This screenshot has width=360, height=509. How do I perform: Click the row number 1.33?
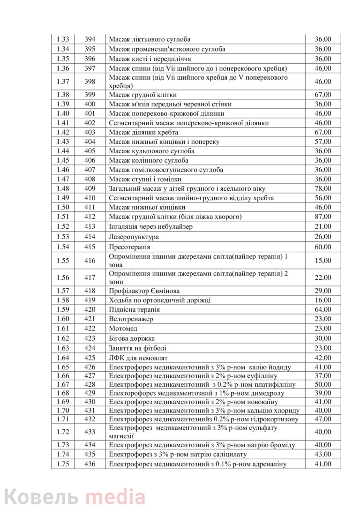click(63, 39)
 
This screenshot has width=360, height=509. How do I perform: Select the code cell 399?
click(90, 95)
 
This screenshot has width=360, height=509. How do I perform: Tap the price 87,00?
click(322, 217)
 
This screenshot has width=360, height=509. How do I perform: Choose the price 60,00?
click(322, 247)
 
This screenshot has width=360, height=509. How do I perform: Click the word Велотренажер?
click(131, 319)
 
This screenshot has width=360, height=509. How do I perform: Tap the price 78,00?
click(322, 188)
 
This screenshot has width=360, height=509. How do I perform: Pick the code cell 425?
click(90, 358)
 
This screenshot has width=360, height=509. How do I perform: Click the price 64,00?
click(322, 309)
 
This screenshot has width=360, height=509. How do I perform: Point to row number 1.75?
click(63, 464)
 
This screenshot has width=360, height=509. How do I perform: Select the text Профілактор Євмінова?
click(144, 291)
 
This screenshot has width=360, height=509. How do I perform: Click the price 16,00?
click(322, 300)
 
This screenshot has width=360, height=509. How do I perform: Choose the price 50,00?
click(322, 384)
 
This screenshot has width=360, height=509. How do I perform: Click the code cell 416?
click(90, 261)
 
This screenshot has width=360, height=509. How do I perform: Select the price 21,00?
click(322, 226)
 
